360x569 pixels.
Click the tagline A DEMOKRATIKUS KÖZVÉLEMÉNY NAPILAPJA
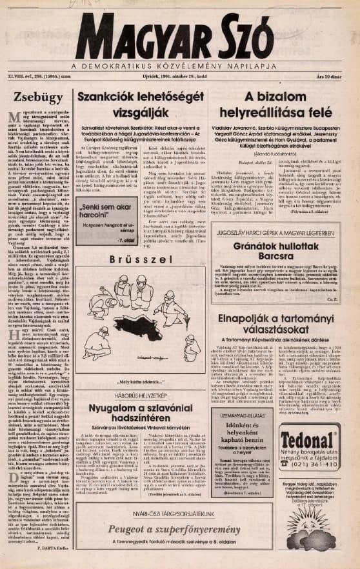coord(179,66)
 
